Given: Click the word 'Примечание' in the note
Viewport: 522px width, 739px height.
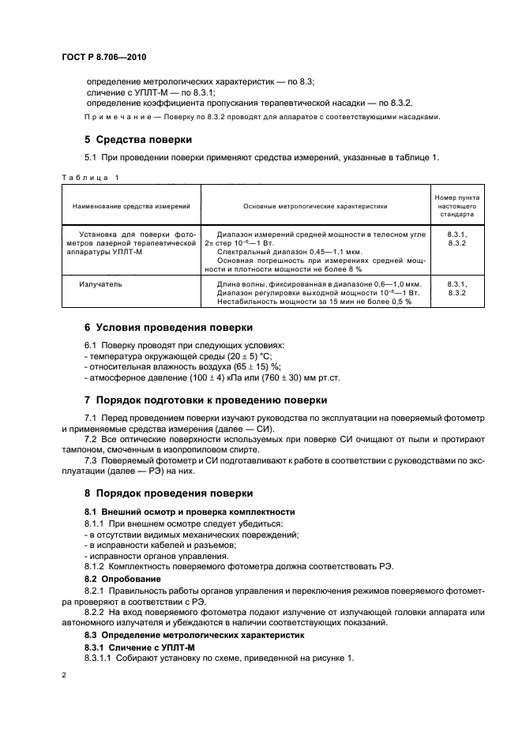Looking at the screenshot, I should tap(115, 117).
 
